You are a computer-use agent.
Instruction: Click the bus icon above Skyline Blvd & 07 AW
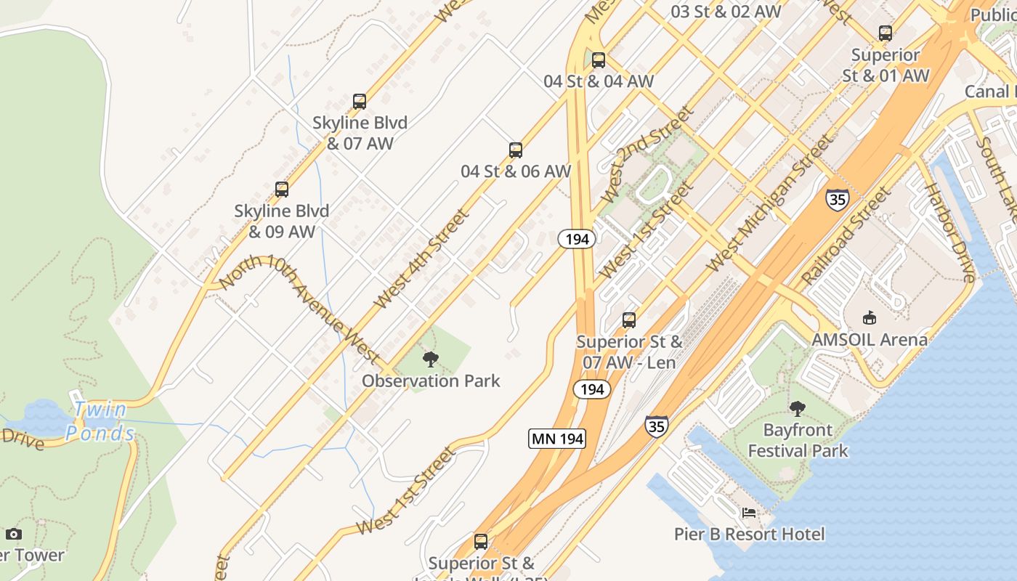point(359,101)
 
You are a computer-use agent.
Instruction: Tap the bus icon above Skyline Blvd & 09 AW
point(282,190)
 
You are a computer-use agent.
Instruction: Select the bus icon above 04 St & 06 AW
point(516,150)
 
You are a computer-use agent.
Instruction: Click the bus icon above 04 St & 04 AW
point(599,60)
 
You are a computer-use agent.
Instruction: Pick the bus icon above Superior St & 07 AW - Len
point(629,320)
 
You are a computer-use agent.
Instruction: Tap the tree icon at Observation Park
point(431,359)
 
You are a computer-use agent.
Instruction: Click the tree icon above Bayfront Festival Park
point(798,408)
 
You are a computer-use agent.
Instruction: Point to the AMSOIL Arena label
point(870,339)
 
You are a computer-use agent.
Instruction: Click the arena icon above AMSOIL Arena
point(869,317)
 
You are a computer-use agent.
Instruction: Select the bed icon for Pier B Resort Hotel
point(749,513)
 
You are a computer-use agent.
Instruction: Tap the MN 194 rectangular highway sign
point(556,439)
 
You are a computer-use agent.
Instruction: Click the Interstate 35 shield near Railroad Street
point(837,199)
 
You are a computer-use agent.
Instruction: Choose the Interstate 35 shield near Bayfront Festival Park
point(656,426)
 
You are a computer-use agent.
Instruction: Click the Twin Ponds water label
point(100,421)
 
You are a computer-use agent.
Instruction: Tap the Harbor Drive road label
point(949,232)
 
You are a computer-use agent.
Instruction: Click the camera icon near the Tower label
point(14,535)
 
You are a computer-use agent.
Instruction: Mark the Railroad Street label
point(846,236)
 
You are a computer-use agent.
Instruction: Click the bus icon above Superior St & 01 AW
point(885,33)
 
